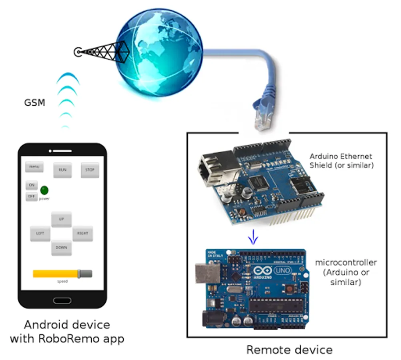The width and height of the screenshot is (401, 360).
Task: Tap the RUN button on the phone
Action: (x=62, y=170)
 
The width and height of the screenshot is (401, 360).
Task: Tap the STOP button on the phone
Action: (x=90, y=170)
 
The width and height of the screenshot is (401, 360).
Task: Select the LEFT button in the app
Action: (x=40, y=233)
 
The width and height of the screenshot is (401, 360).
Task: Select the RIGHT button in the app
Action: (x=82, y=233)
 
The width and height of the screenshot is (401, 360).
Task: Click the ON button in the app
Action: (x=32, y=185)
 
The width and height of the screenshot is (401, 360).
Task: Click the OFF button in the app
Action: (x=32, y=196)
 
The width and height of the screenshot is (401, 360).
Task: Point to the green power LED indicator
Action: (x=44, y=190)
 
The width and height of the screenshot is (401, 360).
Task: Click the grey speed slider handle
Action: (x=85, y=274)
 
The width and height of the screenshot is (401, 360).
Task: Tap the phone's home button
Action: (x=62, y=300)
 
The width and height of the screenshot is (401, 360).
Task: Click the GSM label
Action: (x=34, y=103)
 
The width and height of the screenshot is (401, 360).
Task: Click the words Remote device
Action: (x=289, y=350)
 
